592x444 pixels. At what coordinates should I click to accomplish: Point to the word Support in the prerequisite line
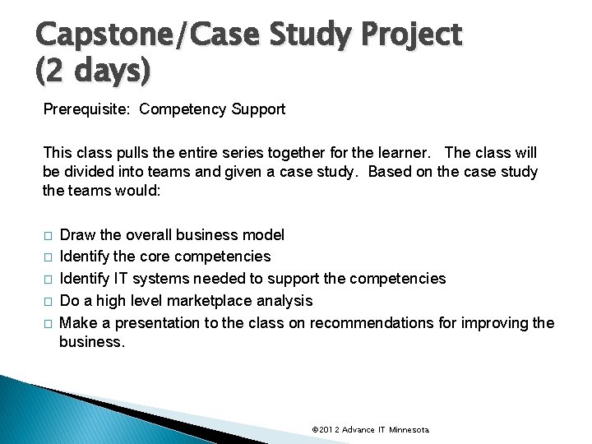click(257, 109)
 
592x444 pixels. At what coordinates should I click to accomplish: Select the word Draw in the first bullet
click(78, 235)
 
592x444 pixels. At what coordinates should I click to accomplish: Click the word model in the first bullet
click(264, 235)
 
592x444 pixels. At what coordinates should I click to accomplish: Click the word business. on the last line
click(92, 342)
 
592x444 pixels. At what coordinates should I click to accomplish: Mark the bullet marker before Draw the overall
click(49, 236)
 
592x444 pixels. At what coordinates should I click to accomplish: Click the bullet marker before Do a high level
click(49, 302)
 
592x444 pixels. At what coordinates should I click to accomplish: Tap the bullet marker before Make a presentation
click(49, 323)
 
